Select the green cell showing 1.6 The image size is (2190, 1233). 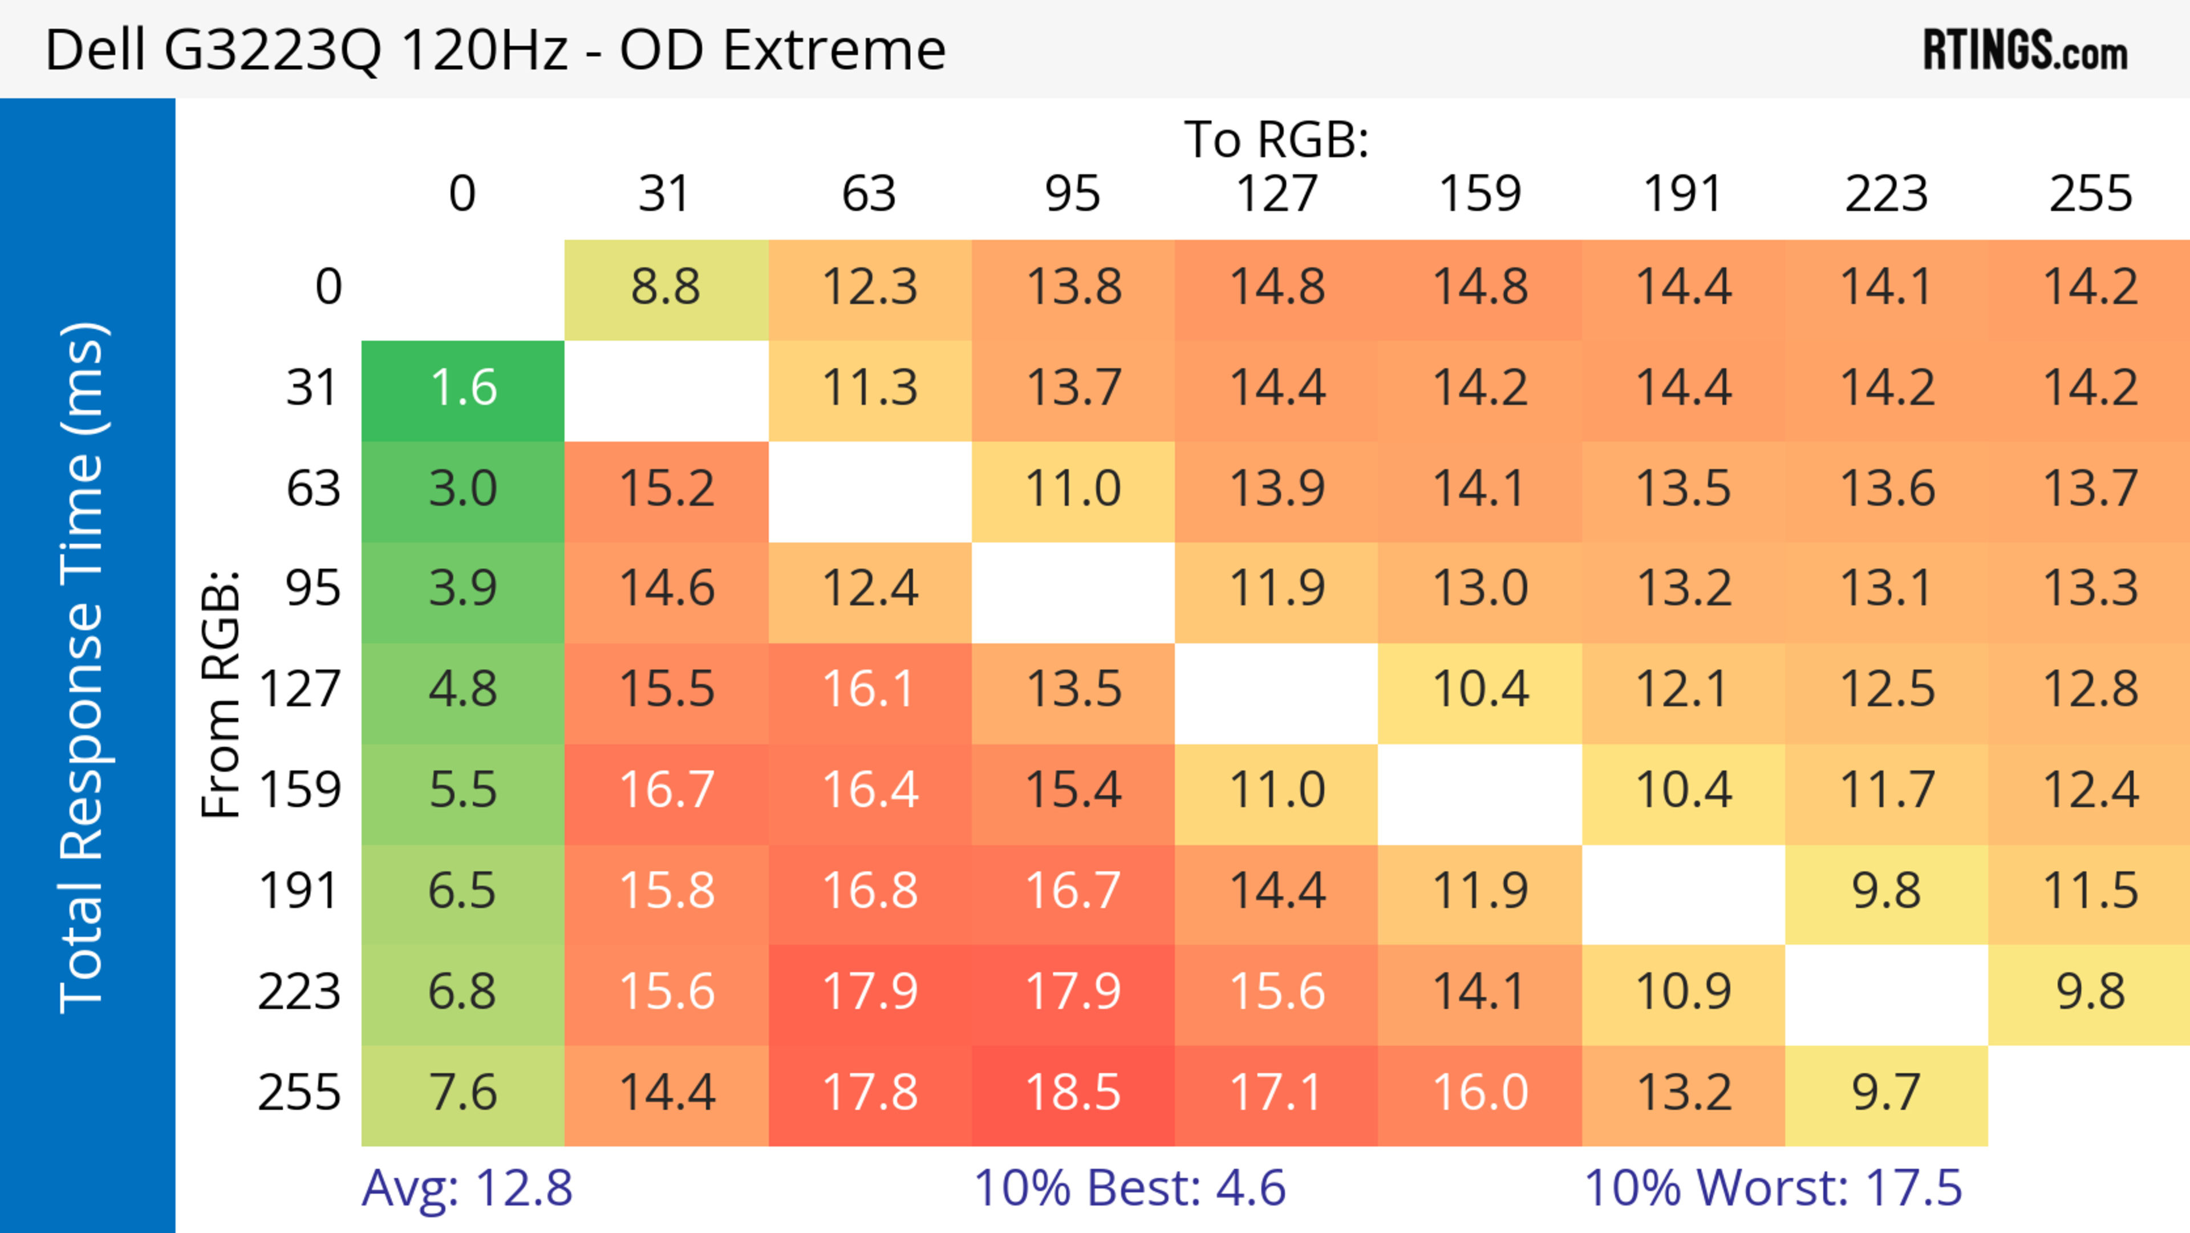coord(463,389)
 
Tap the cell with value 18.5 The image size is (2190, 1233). coord(1073,1093)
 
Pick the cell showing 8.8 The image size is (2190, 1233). coord(666,288)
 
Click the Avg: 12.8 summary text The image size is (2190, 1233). coord(467,1188)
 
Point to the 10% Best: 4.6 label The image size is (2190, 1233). coord(1129,1188)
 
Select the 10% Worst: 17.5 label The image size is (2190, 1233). coord(1773,1188)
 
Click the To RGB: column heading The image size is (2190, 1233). coord(1276,139)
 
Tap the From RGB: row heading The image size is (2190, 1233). coord(221,694)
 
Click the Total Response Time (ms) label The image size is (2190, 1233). coord(83,668)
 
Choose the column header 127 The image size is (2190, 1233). coord(1276,194)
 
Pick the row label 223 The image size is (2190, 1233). coord(299,992)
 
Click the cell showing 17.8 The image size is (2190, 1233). coord(870,1093)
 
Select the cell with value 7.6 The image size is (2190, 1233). coord(463,1093)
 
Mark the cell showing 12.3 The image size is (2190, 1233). coord(870,288)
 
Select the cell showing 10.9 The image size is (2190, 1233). coord(1684,992)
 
